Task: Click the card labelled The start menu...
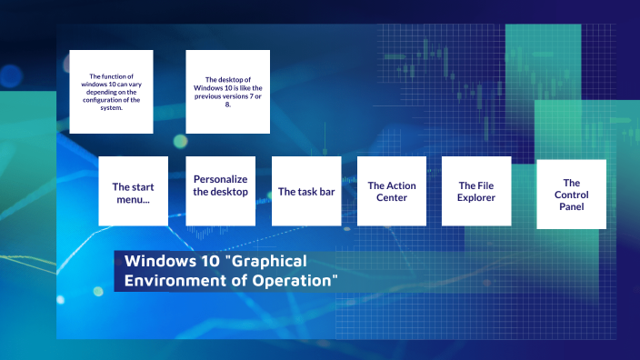(134, 191)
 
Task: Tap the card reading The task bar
(305, 191)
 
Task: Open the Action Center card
(391, 191)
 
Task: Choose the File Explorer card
(476, 191)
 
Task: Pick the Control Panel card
(571, 194)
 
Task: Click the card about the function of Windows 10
(111, 92)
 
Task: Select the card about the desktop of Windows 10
(227, 92)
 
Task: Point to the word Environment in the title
(165, 280)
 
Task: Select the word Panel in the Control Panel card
(571, 206)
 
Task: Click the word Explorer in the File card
(476, 197)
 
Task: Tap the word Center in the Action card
(392, 197)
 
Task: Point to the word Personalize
(220, 179)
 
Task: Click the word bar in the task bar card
(323, 192)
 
